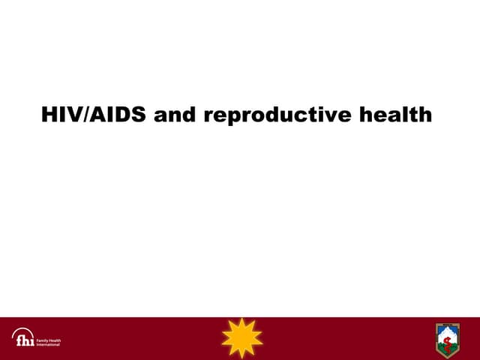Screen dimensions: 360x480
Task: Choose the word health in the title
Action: click(394, 115)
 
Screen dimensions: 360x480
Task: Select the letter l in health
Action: click(406, 115)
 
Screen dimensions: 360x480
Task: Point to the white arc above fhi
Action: click(22, 331)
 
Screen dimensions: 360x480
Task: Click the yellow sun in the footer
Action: click(242, 338)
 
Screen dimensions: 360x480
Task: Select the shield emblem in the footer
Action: click(448, 340)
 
